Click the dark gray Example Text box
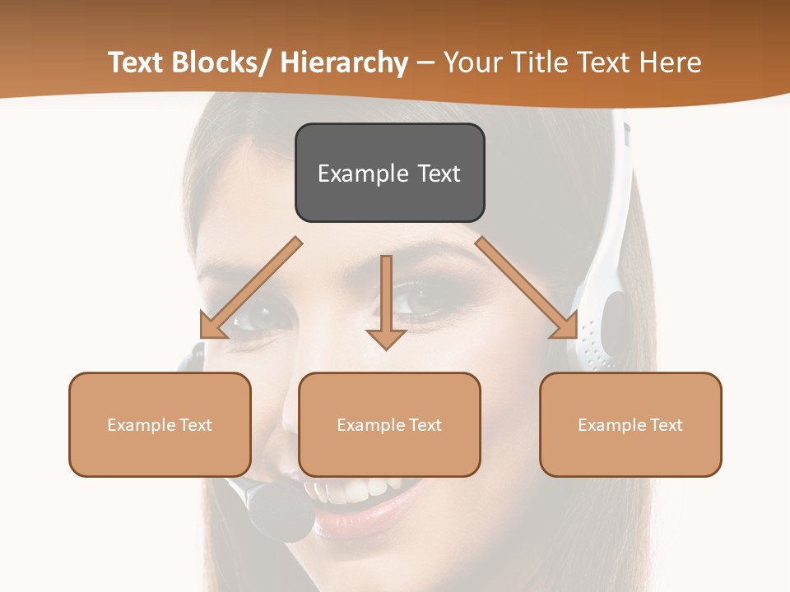(x=389, y=173)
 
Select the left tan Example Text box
(x=160, y=424)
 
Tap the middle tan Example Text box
(x=389, y=424)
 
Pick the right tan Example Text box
(x=630, y=424)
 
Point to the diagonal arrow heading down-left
(x=250, y=288)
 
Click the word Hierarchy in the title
(x=344, y=62)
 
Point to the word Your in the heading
(x=472, y=62)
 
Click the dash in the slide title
(x=425, y=64)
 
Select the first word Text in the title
(x=135, y=62)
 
